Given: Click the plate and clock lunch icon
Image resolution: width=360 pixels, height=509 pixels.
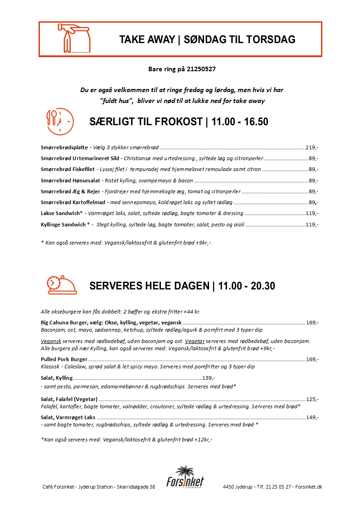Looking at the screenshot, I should [58, 122].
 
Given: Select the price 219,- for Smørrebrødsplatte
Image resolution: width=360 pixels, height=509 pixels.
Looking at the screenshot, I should [312, 147].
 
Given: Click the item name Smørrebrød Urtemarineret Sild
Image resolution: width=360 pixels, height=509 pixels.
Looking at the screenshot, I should [80, 158].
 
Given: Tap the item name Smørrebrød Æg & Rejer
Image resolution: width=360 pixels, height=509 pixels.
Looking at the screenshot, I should [70, 191].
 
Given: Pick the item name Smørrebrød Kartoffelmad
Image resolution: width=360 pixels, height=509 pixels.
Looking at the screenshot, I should [73, 202].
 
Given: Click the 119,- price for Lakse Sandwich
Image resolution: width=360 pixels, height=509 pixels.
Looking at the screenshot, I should [312, 213].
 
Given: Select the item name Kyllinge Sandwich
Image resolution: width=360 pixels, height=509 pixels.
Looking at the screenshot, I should [63, 225].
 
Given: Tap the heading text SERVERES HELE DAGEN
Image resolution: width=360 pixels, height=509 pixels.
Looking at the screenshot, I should [150, 286].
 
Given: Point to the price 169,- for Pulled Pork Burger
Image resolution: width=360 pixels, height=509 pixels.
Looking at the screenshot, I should [312, 359].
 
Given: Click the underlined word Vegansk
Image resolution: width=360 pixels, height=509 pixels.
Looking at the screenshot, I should [48, 341].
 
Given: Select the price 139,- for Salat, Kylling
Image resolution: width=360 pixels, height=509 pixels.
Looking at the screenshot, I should [208, 378].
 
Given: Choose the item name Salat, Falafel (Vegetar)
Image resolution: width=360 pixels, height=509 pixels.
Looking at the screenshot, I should [69, 399].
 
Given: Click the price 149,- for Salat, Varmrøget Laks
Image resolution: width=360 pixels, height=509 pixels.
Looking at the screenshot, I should [312, 417].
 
